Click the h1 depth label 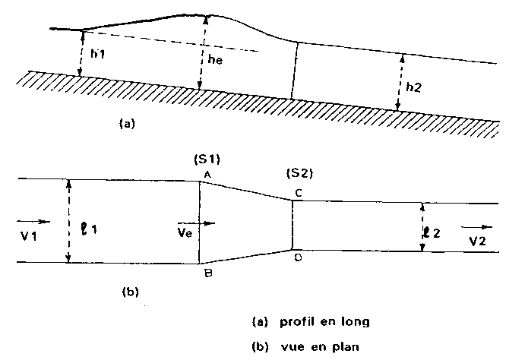tap(97, 53)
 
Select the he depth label tap(215, 59)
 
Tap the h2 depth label tap(413, 87)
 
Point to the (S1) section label tap(207, 159)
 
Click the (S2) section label tap(300, 174)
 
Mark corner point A tap(199, 182)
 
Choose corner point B tap(199, 264)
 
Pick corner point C tap(293, 201)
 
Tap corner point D tap(293, 249)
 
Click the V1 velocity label tap(29, 236)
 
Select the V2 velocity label tap(477, 241)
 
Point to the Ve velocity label tap(185, 232)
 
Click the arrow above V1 tap(33, 222)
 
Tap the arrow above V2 tap(477, 227)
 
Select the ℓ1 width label tap(89, 229)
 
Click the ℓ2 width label tap(432, 232)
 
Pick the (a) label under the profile tap(127, 124)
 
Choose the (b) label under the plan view tap(131, 292)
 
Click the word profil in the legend tap(296, 322)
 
